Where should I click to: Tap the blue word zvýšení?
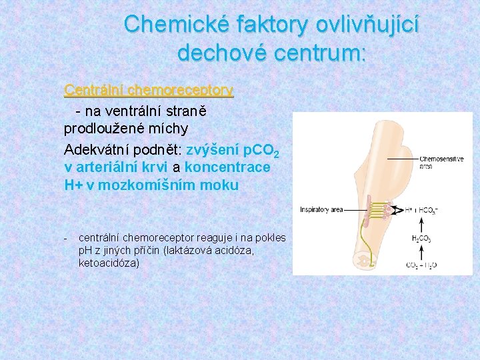(213, 149)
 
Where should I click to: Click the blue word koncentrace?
(227, 167)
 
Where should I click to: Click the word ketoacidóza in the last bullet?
(109, 263)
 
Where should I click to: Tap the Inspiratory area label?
(321, 209)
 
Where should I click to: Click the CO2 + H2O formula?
(421, 265)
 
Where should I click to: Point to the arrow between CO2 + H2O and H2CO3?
(421, 251)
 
